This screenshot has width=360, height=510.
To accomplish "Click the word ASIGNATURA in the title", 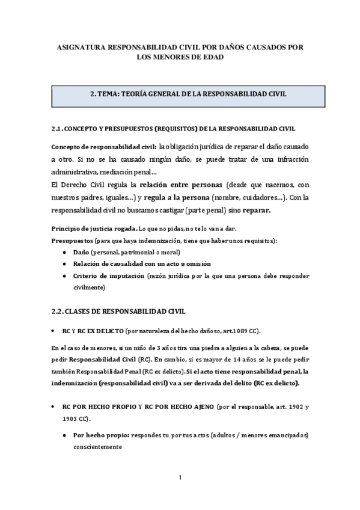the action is (x=79, y=46).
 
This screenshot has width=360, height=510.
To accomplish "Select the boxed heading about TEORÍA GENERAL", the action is (x=180, y=94).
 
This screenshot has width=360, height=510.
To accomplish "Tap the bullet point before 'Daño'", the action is (x=64, y=253).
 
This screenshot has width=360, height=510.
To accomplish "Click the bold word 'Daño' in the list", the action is (x=82, y=253).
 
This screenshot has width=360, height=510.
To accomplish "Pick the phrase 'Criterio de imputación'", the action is (x=109, y=276).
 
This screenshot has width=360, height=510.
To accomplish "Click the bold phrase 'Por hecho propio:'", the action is (x=100, y=435).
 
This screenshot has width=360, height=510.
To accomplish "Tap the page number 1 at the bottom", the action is (x=180, y=478).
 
